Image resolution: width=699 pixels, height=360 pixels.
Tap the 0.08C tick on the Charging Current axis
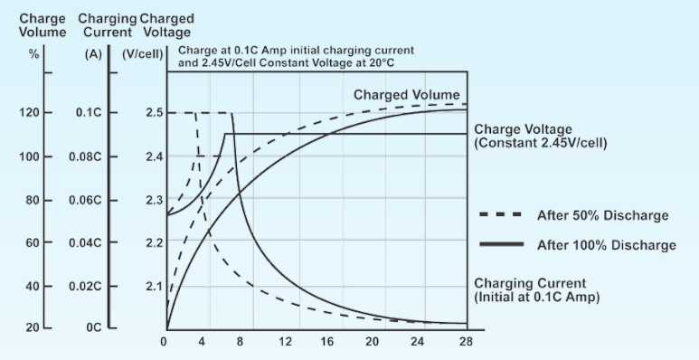pyautogui.click(x=92, y=156)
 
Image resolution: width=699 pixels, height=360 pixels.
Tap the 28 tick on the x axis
pyautogui.click(x=467, y=342)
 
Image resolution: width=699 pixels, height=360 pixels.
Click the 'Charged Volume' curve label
pyautogui.click(x=406, y=95)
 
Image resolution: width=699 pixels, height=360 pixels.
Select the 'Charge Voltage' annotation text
pyautogui.click(x=517, y=129)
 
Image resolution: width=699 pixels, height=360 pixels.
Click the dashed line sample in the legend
pyautogui.click(x=499, y=215)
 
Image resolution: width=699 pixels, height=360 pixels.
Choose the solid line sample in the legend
pyautogui.click(x=499, y=244)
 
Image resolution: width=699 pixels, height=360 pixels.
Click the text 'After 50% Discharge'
pyautogui.click(x=602, y=215)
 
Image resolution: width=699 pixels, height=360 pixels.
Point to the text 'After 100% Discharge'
pyautogui.click(x=606, y=244)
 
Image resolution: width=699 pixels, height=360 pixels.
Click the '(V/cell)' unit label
pyautogui.click(x=143, y=53)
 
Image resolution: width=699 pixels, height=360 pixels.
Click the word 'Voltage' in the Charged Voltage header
pyautogui.click(x=166, y=33)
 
